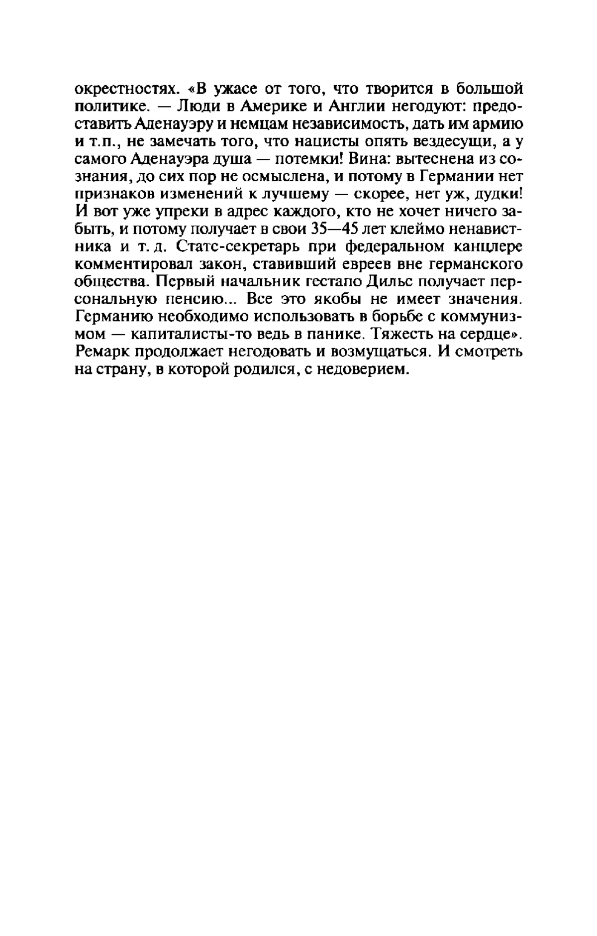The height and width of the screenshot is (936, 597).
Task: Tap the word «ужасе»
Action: pyautogui.click(x=242, y=90)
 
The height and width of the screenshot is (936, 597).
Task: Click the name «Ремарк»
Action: pyautogui.click(x=102, y=351)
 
